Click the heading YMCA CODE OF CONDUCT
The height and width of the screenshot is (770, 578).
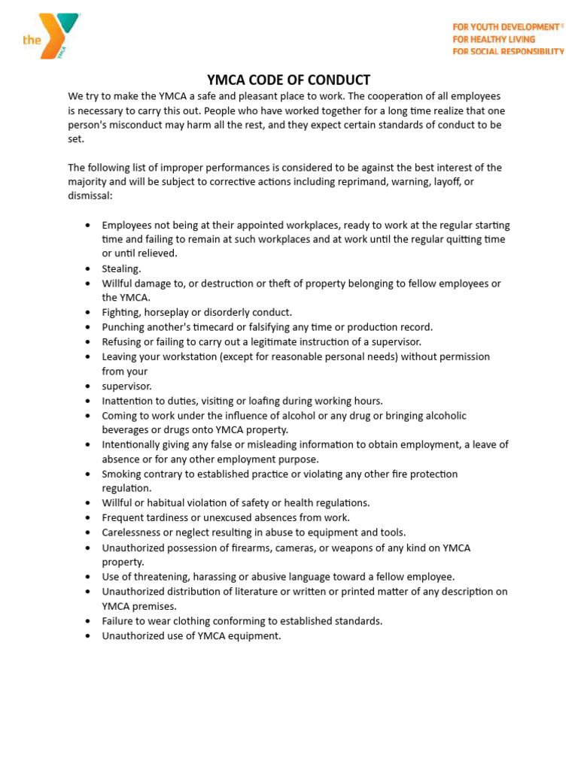(x=289, y=80)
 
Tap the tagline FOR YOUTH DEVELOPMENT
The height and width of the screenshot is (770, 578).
(x=505, y=27)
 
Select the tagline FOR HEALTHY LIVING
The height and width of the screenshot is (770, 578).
(x=493, y=39)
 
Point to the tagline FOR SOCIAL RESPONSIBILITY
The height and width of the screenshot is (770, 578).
(x=507, y=51)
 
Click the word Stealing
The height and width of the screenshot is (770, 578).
(x=121, y=268)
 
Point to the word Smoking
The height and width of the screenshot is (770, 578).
(x=122, y=474)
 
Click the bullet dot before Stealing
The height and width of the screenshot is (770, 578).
(x=88, y=268)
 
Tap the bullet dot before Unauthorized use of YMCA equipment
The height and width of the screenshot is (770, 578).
(x=88, y=636)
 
